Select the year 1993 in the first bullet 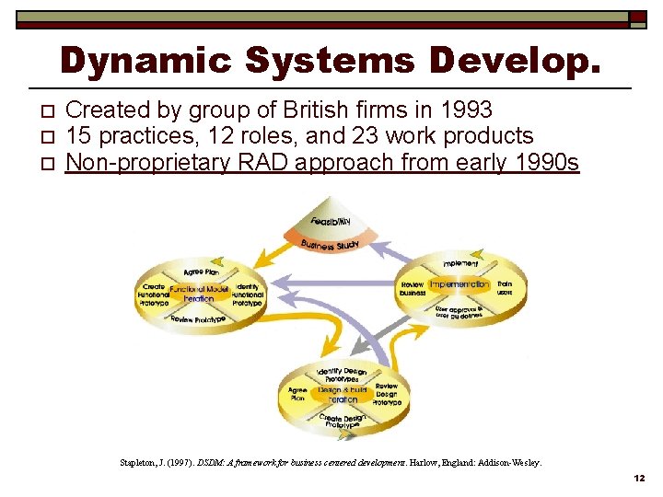pyautogui.click(x=466, y=110)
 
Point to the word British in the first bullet pyautogui.click(x=311, y=110)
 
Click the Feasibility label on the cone pyautogui.click(x=331, y=222)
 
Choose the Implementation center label pyautogui.click(x=459, y=284)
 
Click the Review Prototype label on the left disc pyautogui.click(x=197, y=319)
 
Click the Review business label pyautogui.click(x=413, y=289)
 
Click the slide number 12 pyautogui.click(x=639, y=479)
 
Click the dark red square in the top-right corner pyautogui.click(x=638, y=17)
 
